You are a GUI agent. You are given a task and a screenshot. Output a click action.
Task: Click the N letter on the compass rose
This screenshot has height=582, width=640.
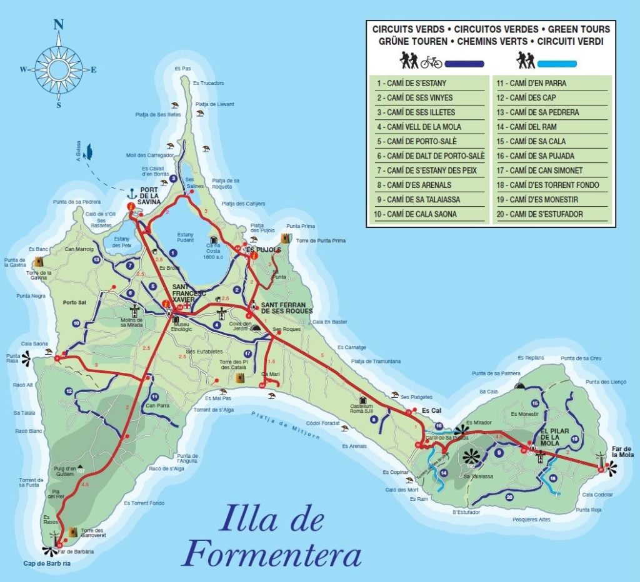coord(59,25)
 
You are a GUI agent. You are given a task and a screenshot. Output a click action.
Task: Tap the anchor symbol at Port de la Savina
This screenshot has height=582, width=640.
coord(132,193)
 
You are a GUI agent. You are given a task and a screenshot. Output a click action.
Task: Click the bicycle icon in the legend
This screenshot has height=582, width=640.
coord(431,62)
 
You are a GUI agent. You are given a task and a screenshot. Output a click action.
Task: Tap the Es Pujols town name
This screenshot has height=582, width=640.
coord(264,250)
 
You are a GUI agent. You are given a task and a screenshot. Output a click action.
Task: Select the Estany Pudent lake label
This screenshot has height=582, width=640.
coord(186,238)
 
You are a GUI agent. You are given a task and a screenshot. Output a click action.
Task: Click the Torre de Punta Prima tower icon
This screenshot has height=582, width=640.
coord(286,239)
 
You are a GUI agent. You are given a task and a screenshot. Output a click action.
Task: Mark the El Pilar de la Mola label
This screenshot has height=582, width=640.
coord(553,437)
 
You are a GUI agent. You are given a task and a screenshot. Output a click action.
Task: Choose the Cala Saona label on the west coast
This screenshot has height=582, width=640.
coord(34,343)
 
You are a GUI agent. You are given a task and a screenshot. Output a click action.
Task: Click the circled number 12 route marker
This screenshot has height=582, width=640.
coord(69,392)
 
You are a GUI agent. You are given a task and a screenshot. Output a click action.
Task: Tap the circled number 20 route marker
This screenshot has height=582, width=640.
coord(509,497)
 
